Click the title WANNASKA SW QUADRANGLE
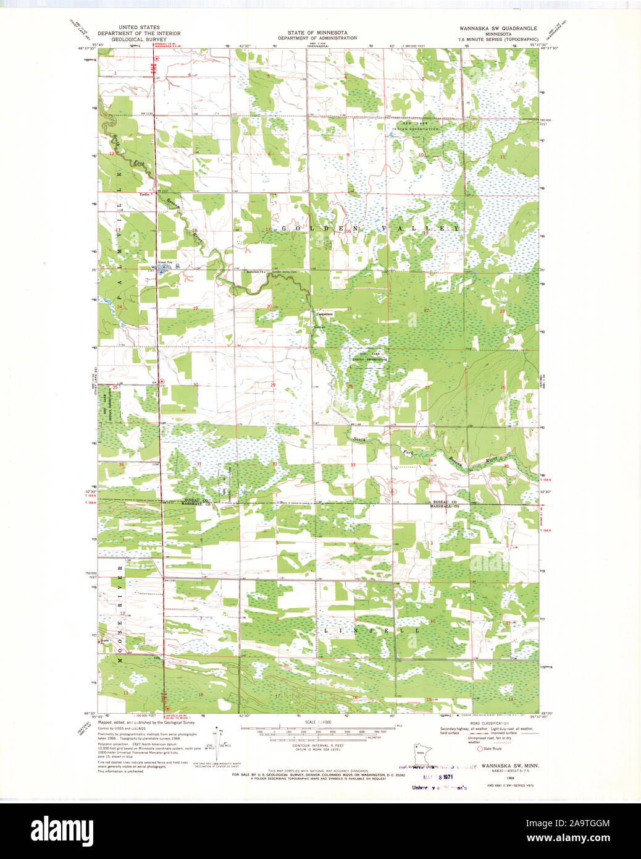498,28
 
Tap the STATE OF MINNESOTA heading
317,33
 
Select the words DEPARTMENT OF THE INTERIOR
139,33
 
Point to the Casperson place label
325,314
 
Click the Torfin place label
145,194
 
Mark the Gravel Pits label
164,262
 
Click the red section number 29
273,385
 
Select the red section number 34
430,460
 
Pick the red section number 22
426,310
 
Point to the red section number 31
199,463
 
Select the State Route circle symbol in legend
480,748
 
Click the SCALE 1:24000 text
318,722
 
